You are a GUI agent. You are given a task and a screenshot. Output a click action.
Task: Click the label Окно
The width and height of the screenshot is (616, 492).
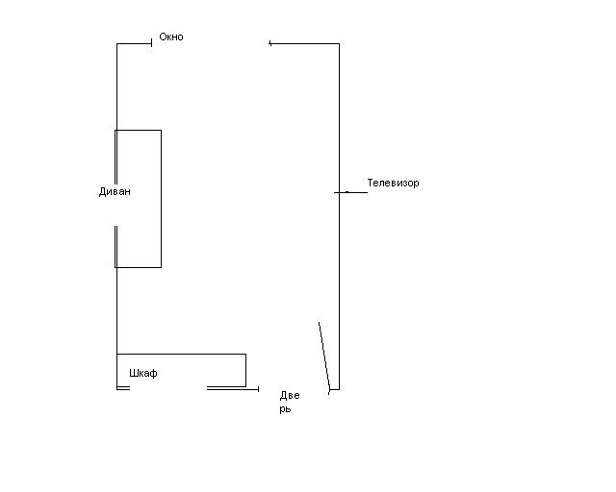point(170,37)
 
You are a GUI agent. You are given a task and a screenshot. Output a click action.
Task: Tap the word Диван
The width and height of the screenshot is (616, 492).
point(115,191)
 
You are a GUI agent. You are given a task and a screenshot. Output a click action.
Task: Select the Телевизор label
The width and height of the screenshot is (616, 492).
point(393,183)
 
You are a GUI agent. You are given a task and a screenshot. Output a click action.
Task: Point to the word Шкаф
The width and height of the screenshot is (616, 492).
point(142,373)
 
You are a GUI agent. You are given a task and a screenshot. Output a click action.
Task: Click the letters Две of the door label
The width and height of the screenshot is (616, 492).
point(290,395)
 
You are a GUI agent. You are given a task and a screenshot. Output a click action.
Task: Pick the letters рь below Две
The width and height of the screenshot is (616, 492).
point(285,409)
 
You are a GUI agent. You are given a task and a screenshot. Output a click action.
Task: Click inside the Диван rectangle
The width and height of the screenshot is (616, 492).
point(139,221)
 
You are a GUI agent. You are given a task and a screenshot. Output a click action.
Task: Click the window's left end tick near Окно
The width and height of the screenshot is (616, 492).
point(152,42)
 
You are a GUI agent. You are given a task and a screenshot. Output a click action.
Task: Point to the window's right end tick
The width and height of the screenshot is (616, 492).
point(269,42)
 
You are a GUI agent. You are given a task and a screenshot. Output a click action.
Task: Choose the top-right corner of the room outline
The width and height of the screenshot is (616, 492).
point(339,43)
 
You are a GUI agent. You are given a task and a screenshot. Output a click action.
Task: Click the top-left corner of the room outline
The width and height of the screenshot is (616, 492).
point(117,43)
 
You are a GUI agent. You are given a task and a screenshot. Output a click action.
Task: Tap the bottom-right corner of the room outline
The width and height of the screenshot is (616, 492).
point(339,389)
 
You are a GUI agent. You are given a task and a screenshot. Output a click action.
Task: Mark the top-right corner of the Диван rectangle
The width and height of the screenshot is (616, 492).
point(161,130)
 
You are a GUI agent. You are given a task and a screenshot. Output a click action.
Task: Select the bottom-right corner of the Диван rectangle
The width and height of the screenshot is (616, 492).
point(161,267)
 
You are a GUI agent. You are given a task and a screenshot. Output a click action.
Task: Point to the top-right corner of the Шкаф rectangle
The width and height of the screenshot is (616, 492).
point(245,355)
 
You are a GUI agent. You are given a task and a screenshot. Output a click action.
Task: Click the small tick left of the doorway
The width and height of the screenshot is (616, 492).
point(258,388)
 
